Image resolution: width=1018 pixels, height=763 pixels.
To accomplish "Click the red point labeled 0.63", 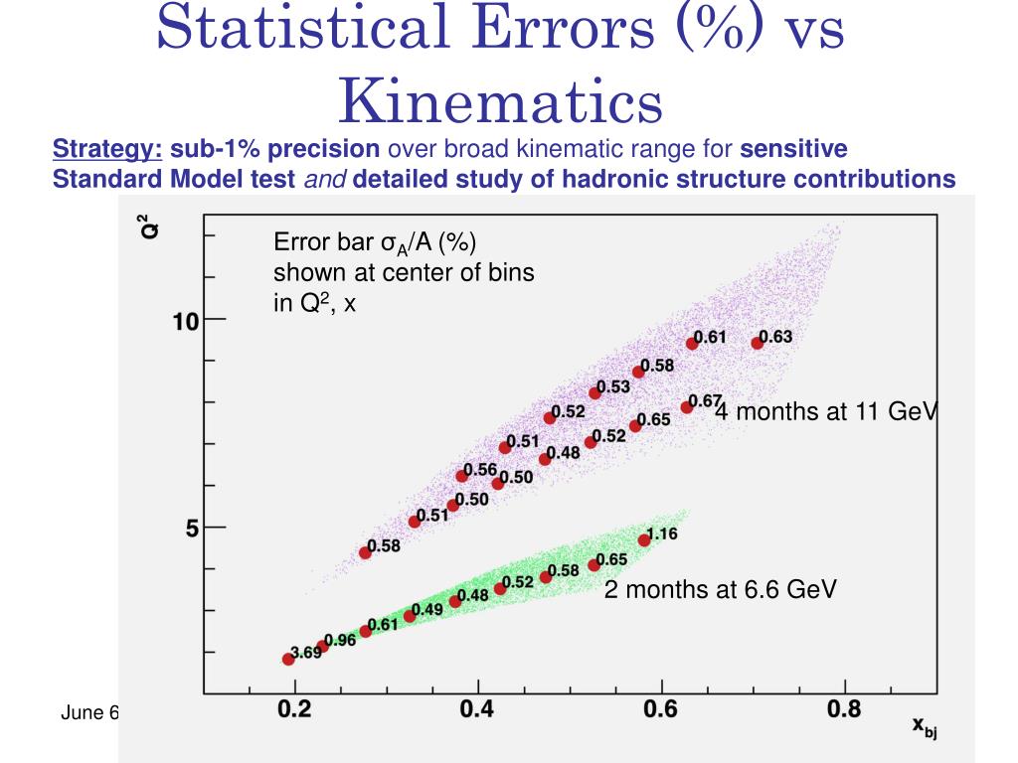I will (x=758, y=343).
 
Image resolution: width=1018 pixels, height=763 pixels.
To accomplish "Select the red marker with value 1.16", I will (x=644, y=539).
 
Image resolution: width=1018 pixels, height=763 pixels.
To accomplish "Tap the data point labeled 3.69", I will (x=288, y=659).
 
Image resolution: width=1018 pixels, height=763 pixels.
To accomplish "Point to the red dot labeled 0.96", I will (x=322, y=646).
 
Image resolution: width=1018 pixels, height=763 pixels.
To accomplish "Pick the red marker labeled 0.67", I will (x=687, y=406).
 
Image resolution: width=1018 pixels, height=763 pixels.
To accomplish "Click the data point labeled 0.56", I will (x=462, y=476).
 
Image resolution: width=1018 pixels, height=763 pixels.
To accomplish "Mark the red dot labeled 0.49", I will (x=410, y=616).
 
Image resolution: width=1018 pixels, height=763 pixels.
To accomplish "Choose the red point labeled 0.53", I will (x=595, y=392).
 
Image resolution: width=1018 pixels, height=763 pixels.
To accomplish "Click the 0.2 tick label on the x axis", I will (x=295, y=708).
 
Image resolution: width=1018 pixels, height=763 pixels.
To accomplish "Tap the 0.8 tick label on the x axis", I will (x=844, y=708).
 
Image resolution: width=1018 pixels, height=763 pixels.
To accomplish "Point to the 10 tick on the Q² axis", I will (x=186, y=321).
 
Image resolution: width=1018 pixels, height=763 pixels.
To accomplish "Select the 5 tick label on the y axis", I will (x=192, y=528).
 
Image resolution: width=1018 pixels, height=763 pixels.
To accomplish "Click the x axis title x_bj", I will (x=925, y=727).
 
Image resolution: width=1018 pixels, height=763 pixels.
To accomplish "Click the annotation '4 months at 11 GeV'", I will (x=826, y=411).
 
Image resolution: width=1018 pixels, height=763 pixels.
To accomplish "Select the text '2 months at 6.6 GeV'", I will (x=721, y=590).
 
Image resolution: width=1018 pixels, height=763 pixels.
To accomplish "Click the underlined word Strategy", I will (x=107, y=150).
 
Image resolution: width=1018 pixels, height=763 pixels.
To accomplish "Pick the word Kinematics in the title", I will (x=499, y=100).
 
